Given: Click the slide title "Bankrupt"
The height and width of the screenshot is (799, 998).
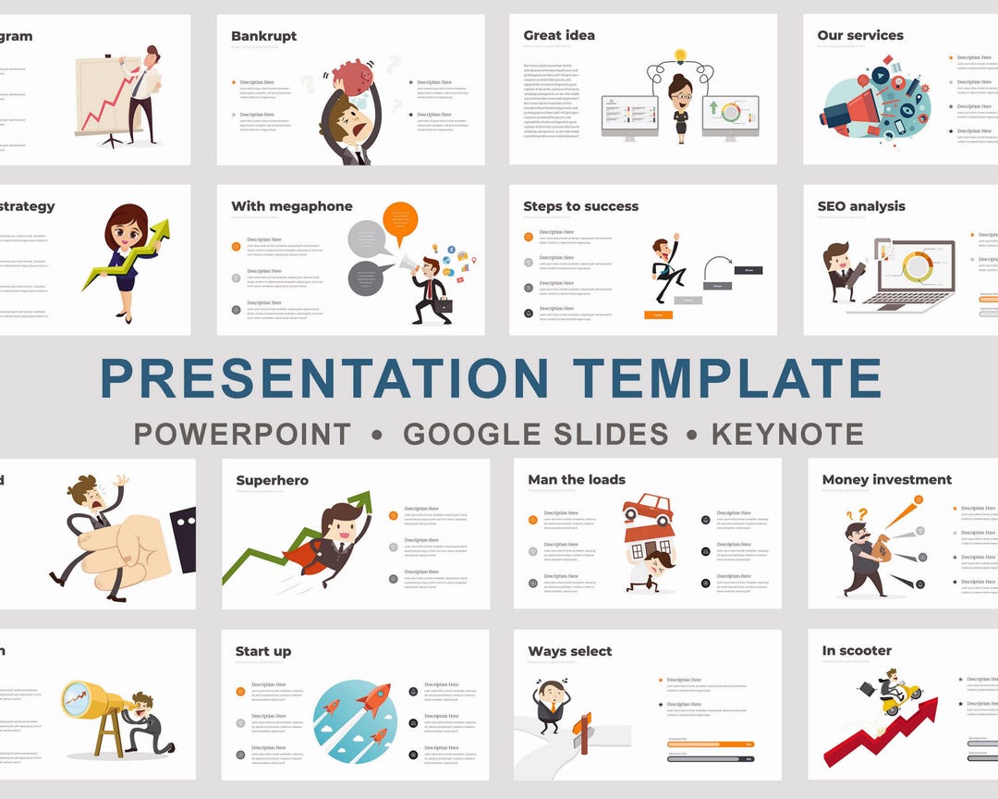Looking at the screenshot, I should point(263,36).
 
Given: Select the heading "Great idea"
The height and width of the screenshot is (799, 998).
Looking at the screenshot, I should point(559,36).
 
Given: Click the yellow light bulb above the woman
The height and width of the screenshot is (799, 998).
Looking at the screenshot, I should point(681,55).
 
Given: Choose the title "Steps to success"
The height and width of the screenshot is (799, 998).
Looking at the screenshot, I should point(580,206).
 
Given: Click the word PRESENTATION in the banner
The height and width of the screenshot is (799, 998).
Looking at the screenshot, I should point(323,378).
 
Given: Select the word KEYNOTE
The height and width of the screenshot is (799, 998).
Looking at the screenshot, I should point(786,434).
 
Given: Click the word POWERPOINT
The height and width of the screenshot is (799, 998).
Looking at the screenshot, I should point(242,434).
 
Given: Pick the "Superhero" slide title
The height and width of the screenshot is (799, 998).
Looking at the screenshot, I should point(272,481).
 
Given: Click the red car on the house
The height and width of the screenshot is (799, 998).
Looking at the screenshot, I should point(648,509).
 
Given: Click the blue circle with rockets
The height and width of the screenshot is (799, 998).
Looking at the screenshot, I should point(355,721).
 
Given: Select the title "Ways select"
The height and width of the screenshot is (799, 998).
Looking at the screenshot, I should point(569,652).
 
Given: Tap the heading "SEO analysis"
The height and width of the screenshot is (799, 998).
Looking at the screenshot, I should point(861,206).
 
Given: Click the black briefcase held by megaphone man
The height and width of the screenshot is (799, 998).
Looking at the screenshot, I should point(444,306).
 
